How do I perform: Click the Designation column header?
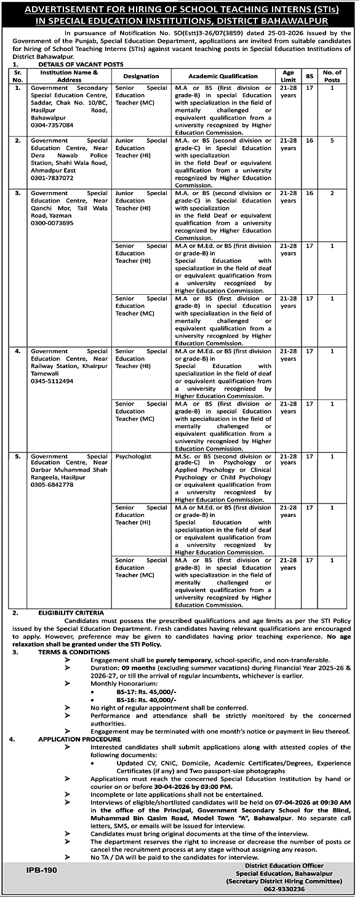tap(141, 76)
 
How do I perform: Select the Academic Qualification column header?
tap(223, 76)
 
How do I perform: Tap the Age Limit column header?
tap(289, 76)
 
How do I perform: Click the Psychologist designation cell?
tap(132, 457)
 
